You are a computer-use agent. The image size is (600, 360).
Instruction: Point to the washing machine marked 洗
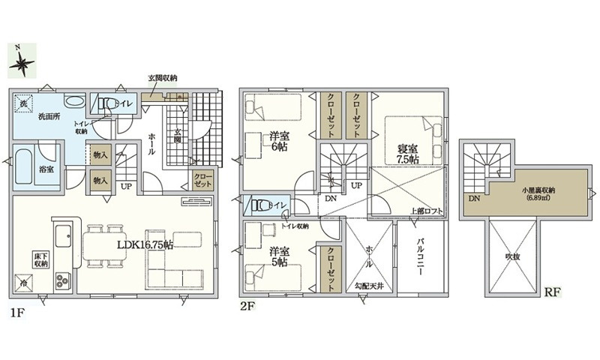pos(24,103)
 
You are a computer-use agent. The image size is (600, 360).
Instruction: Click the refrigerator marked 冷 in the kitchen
pos(24,283)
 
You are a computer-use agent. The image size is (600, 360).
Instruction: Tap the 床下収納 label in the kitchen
pos(40,259)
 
